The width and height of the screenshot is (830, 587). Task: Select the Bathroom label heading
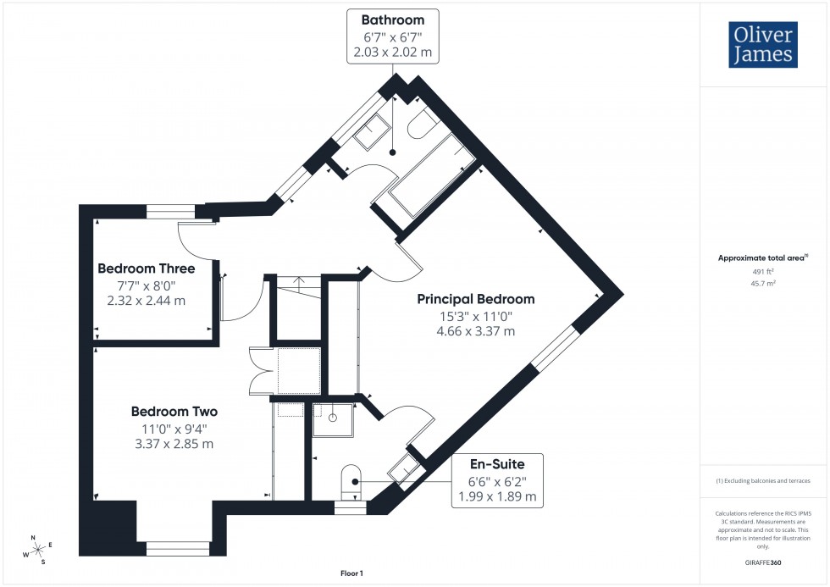tap(392, 19)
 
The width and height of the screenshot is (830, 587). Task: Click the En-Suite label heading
tap(497, 464)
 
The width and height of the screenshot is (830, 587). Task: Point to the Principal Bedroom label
tap(475, 299)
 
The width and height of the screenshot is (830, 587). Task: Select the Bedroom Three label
tap(146, 269)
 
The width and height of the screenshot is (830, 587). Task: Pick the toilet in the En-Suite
tap(351, 479)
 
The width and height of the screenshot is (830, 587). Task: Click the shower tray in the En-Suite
tap(334, 418)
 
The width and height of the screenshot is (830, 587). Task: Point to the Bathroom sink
tap(373, 132)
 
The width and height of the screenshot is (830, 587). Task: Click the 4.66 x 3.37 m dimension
tap(475, 331)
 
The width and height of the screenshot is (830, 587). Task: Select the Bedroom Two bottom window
tap(177, 549)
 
